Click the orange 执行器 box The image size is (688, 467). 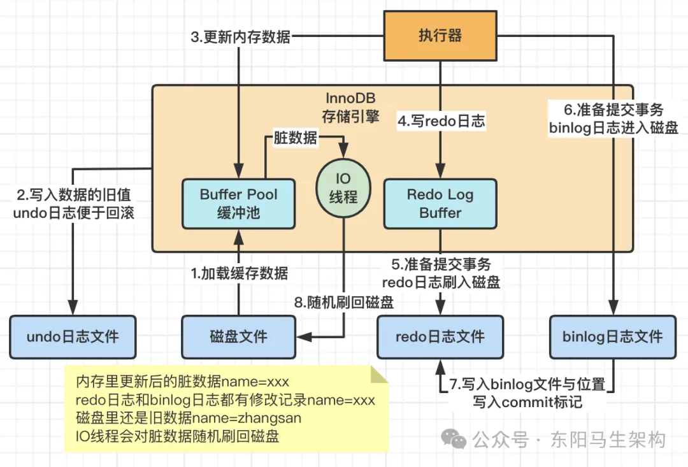440,36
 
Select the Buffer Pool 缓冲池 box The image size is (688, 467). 238,203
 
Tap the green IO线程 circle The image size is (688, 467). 343,189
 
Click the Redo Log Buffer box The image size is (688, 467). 440,203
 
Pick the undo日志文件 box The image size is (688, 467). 73,336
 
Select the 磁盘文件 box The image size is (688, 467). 238,336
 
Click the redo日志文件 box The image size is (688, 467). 440,336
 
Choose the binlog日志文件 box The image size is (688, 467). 612,336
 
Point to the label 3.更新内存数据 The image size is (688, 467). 240,37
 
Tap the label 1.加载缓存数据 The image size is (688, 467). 240,274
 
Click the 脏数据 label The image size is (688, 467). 295,138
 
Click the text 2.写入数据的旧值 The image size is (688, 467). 73,195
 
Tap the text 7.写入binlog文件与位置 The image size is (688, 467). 527,385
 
